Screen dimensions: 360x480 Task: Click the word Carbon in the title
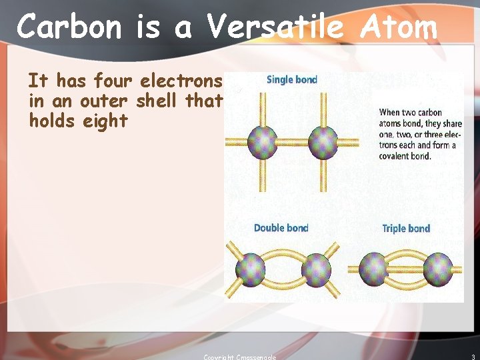pyautogui.click(x=70, y=28)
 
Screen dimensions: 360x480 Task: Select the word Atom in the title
pyautogui.click(x=399, y=28)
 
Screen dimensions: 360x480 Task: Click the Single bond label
pyautogui.click(x=291, y=79)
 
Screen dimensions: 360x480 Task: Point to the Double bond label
pyautogui.click(x=281, y=228)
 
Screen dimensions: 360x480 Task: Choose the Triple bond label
pyautogui.click(x=406, y=229)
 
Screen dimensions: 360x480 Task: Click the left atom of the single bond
pyautogui.click(x=262, y=141)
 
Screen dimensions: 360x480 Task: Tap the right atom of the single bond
pyautogui.click(x=323, y=141)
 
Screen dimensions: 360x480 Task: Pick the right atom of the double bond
pyautogui.click(x=315, y=269)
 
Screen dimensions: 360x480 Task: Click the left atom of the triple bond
pyautogui.click(x=373, y=269)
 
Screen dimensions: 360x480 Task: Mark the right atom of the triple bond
pyautogui.click(x=438, y=269)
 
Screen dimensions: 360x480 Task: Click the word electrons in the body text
pyautogui.click(x=181, y=81)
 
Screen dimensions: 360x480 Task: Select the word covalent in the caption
pyautogui.click(x=395, y=156)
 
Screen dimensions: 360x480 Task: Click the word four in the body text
pyautogui.click(x=114, y=81)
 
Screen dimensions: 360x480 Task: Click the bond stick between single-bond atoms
pyautogui.click(x=292, y=141)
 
